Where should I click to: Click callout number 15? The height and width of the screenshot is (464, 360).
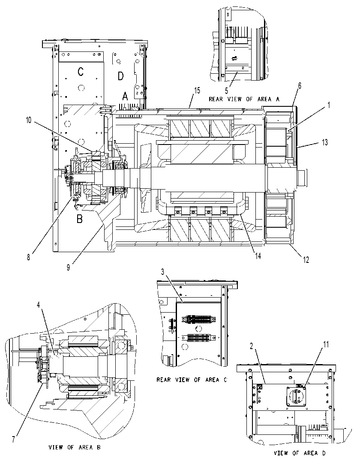tap(197, 90)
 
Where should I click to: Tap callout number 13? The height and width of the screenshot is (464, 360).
tap(325, 142)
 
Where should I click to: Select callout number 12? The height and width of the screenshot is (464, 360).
tap(306, 259)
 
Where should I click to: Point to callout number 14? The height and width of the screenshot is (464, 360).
tap(258, 256)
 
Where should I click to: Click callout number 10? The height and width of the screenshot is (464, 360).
tap(29, 121)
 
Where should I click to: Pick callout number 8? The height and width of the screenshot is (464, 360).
tap(28, 257)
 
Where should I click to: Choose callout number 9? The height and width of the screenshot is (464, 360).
tap(68, 267)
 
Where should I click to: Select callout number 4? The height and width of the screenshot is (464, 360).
tap(38, 305)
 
